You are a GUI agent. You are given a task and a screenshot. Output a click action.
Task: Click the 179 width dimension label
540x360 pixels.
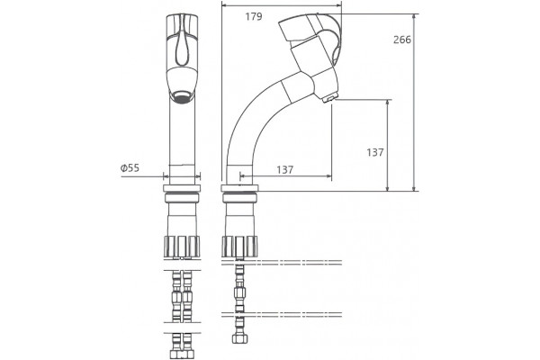(x=254, y=16)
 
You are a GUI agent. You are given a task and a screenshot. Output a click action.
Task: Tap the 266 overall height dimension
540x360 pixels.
(x=402, y=40)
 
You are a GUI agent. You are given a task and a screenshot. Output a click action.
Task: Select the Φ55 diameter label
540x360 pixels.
(x=130, y=168)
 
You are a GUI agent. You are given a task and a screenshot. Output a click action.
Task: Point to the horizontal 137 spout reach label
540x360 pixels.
(x=285, y=169)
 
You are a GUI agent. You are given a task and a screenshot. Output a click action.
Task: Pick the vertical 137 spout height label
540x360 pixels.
(x=374, y=152)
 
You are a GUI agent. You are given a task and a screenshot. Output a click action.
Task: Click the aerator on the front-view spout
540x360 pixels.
(x=182, y=97)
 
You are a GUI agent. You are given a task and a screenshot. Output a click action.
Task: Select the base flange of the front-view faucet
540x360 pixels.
(x=182, y=188)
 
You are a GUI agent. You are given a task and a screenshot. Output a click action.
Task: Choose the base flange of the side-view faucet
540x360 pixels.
(x=239, y=188)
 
